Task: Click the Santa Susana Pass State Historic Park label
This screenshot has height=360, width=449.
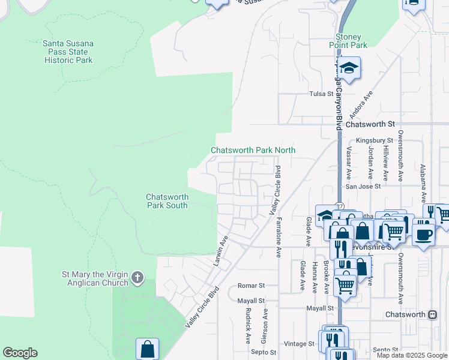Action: pyautogui.click(x=67, y=52)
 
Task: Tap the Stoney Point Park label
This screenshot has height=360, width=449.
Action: pyautogui.click(x=348, y=40)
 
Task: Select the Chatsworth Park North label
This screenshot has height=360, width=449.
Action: pyautogui.click(x=253, y=150)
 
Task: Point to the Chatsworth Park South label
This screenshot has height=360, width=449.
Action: pyautogui.click(x=167, y=201)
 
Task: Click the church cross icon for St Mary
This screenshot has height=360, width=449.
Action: pyautogui.click(x=137, y=277)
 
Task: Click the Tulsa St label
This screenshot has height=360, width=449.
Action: pyautogui.click(x=321, y=94)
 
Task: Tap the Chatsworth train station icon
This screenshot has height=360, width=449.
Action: pyautogui.click(x=432, y=314)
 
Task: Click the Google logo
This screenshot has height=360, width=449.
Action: pyautogui.click(x=20, y=353)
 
